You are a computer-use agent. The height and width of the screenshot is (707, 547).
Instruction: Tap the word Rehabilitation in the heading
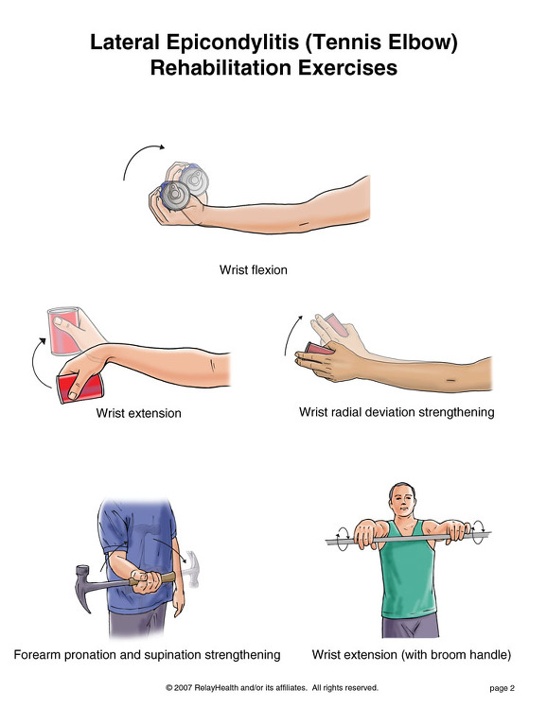[x=221, y=68]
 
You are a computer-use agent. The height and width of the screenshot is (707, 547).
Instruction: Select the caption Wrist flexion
[x=254, y=269]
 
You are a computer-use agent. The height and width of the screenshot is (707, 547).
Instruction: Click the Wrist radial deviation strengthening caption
[x=397, y=412]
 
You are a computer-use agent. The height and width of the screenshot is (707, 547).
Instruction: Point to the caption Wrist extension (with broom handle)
[x=412, y=654]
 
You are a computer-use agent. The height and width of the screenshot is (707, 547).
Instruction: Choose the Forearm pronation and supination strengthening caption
[x=147, y=655]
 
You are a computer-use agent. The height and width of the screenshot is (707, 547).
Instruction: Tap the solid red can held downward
[x=80, y=388]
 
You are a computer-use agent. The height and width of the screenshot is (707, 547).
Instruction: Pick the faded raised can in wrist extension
[x=64, y=330]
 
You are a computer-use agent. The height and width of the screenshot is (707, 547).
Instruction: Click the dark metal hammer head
[x=84, y=586]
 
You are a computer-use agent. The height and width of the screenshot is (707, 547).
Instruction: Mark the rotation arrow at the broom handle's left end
[x=342, y=538]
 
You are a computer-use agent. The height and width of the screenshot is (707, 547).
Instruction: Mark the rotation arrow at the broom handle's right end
[x=478, y=532]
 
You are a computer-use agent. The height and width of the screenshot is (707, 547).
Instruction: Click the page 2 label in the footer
[x=502, y=688]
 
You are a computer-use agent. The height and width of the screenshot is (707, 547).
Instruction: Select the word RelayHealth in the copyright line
[x=216, y=687]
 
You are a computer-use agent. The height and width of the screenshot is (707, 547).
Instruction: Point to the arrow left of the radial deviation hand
[x=291, y=335]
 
